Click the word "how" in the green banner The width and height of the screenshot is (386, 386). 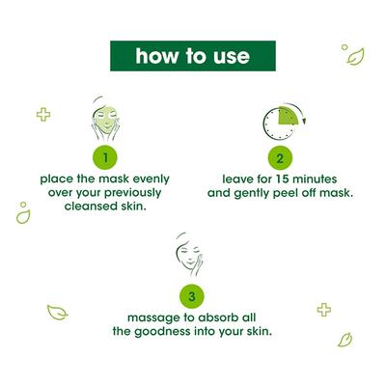point(155,56)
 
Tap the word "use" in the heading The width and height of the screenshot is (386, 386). point(229,56)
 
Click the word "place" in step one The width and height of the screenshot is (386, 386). point(59,179)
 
